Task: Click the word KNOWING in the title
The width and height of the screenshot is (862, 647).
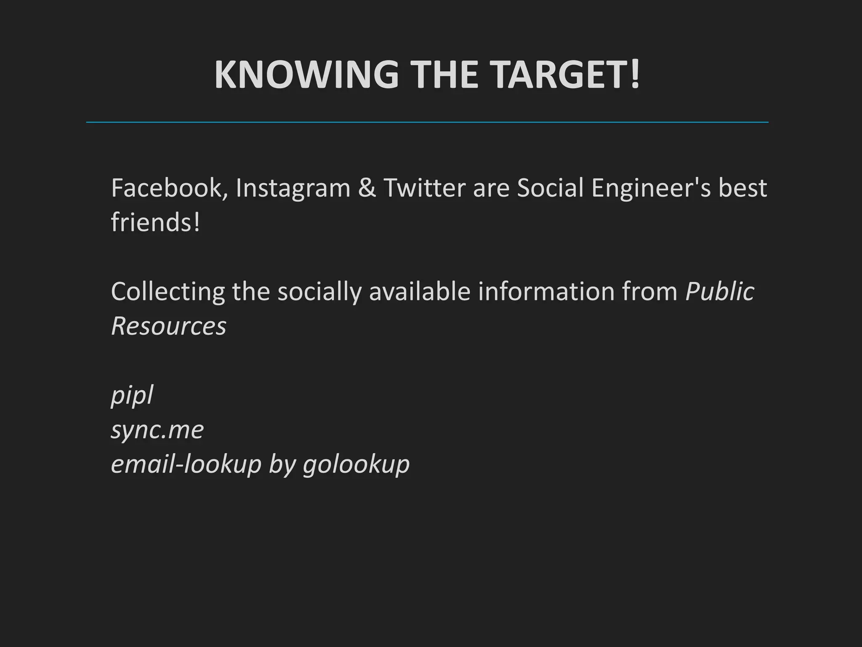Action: (x=306, y=75)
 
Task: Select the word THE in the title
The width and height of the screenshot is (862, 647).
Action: (x=444, y=75)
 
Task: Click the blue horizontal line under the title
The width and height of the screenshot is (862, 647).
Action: (x=427, y=122)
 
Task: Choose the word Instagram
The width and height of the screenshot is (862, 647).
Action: (x=293, y=189)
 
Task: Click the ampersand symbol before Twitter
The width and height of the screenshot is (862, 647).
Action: (x=367, y=188)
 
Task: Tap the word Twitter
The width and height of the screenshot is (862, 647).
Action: (x=425, y=188)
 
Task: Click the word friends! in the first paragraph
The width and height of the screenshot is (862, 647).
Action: (x=155, y=222)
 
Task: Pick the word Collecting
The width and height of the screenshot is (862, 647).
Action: (x=168, y=292)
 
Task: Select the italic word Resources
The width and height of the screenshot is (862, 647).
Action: (x=169, y=326)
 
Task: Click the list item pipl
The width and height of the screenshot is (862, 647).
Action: (x=132, y=396)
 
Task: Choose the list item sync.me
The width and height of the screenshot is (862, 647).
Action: (x=157, y=430)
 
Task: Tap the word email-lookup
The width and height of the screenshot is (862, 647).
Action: (x=186, y=465)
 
